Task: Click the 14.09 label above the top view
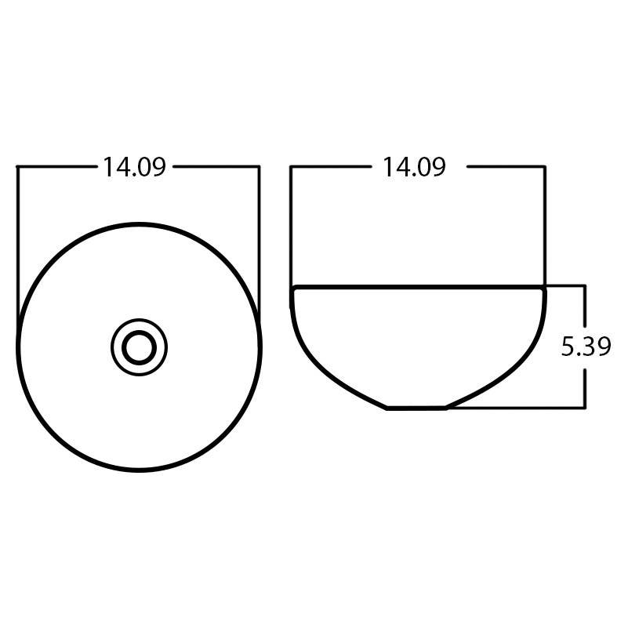[x=134, y=167]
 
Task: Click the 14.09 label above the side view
[x=414, y=167]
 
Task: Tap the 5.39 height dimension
[x=586, y=346]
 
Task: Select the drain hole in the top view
[x=140, y=347]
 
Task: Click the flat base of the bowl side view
[x=416, y=408]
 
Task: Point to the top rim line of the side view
[x=418, y=287]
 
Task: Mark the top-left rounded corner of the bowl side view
[x=293, y=292]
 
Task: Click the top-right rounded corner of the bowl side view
[x=543, y=292]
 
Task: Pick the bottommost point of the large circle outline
[x=139, y=470]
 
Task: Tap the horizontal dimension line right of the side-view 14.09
[x=506, y=166]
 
